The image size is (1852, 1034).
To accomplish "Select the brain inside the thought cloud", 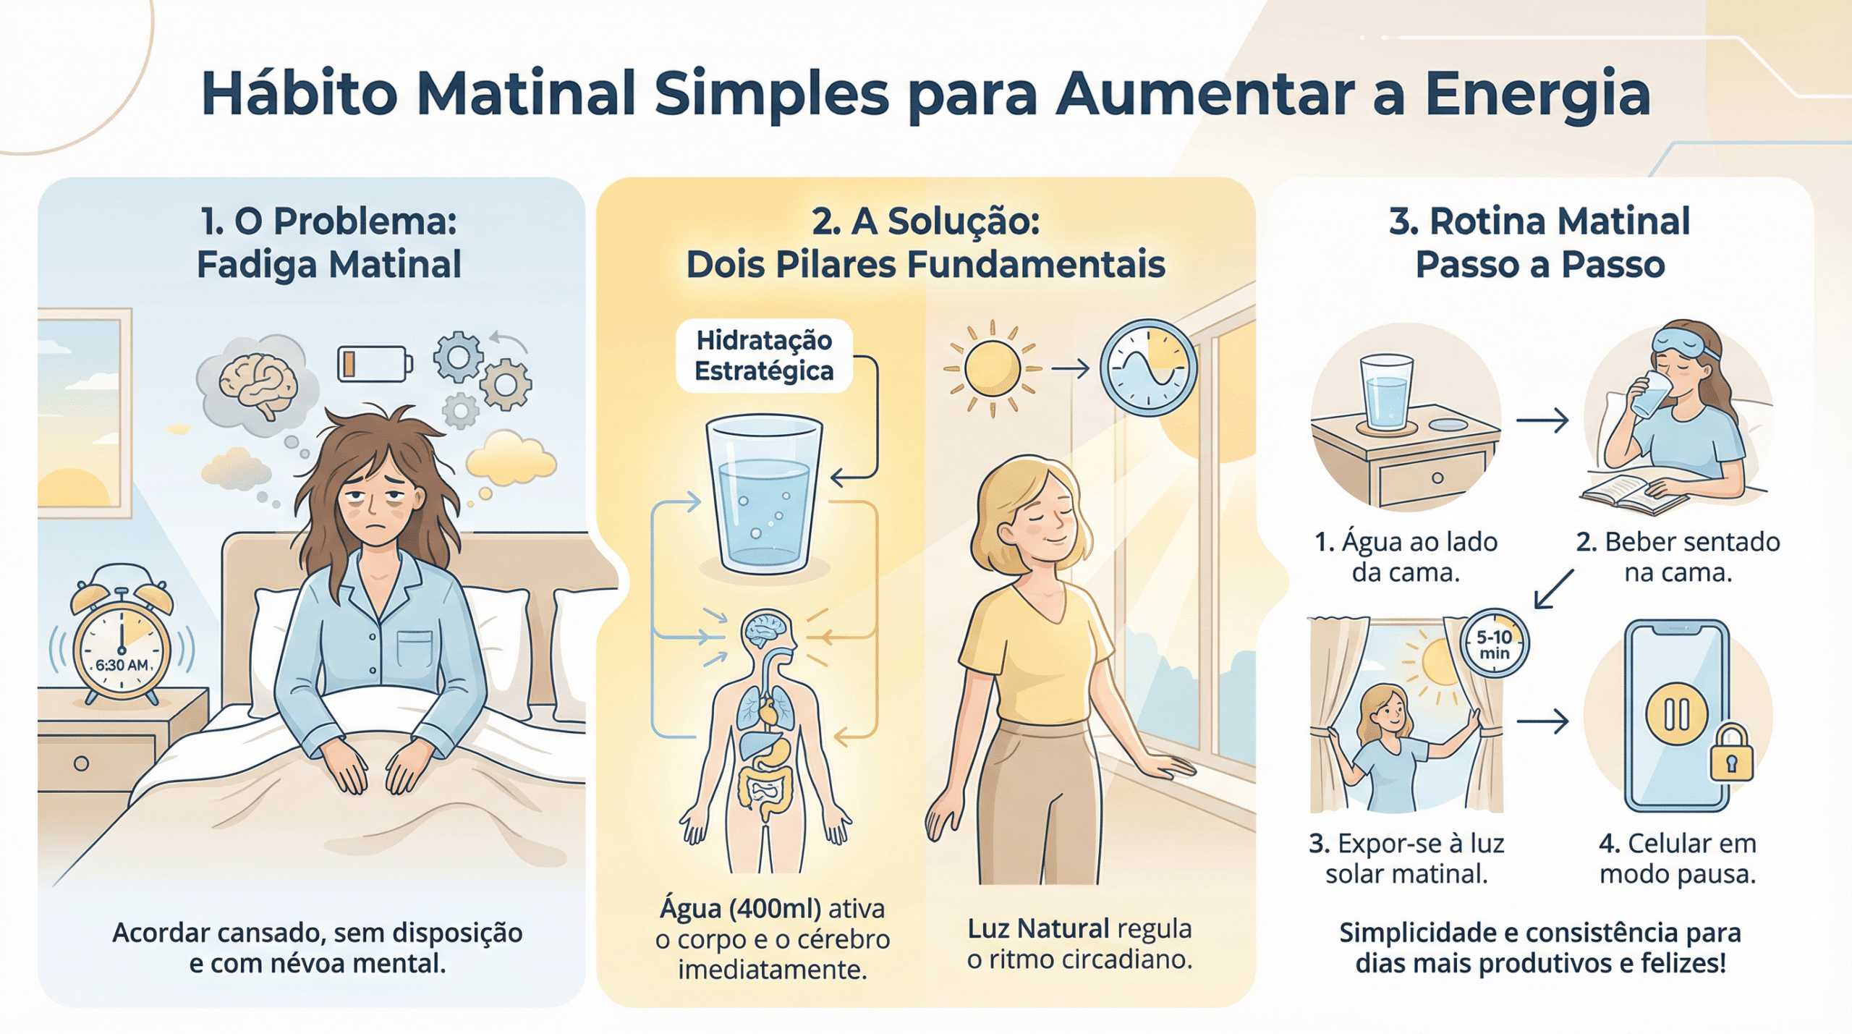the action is tap(258, 386).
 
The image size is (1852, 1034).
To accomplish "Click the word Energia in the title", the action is tap(1538, 95).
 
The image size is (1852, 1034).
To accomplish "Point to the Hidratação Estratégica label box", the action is tap(764, 355).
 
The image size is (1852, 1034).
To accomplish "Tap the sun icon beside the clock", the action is tap(993, 369).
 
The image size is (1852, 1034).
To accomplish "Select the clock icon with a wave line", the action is tap(1148, 368).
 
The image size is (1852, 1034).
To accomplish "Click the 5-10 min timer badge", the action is tap(1494, 643).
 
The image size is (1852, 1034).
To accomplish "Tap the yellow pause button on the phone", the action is tap(1677, 715).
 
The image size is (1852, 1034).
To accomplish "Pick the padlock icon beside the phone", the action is tap(1731, 753).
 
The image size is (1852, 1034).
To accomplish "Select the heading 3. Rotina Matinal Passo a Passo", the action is tap(1539, 242).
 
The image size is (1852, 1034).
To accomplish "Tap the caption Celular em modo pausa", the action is tap(1677, 859).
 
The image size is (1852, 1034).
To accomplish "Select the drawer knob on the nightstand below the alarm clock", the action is tap(81, 763).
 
